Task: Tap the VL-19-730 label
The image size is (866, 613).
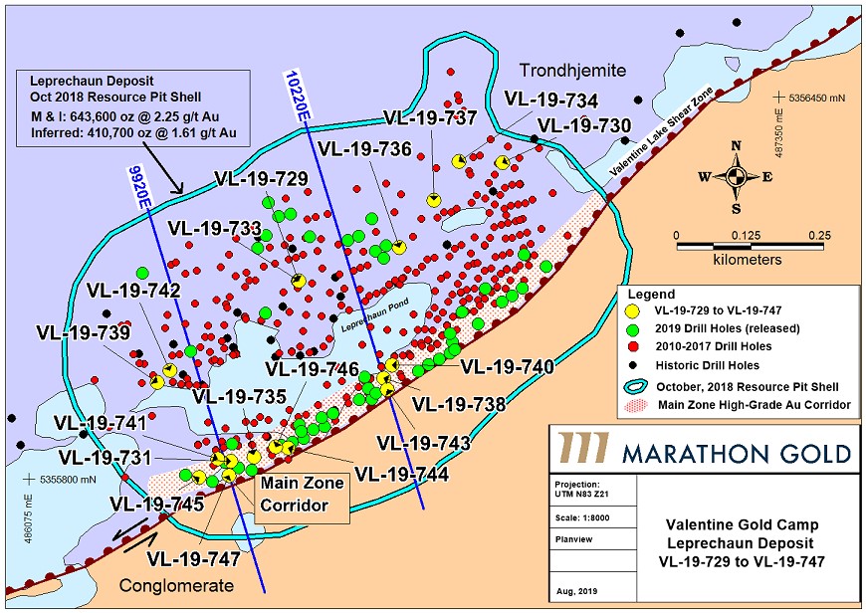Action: [584, 126]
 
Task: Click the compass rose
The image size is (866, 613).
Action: [735, 177]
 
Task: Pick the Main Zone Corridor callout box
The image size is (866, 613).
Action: [302, 496]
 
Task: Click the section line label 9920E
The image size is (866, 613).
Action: [140, 186]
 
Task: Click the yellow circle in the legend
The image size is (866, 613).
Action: [634, 312]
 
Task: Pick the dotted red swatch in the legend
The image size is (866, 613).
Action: [634, 405]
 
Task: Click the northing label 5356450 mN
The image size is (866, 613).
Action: [814, 100]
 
